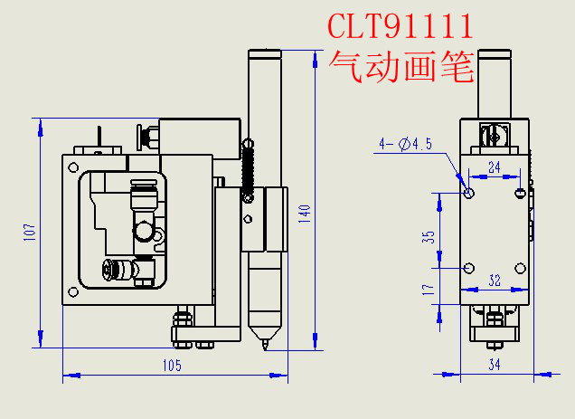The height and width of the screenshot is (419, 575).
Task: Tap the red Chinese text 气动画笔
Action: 401,66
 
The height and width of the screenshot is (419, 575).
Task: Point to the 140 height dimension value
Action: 305,214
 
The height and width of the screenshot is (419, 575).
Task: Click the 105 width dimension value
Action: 172,366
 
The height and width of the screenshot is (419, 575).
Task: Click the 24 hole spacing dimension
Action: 494,167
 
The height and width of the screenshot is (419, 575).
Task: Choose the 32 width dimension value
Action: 495,281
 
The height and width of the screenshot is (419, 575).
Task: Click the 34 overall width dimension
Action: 495,365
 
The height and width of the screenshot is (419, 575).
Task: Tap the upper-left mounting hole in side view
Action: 468,192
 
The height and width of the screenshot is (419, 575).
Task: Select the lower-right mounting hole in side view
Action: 520,268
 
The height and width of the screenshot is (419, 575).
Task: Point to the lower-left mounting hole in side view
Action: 468,268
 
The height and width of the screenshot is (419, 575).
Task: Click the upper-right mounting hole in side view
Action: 520,192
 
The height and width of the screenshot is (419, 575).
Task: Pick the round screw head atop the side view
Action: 492,137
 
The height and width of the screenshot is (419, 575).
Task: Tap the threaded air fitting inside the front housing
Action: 113,269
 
